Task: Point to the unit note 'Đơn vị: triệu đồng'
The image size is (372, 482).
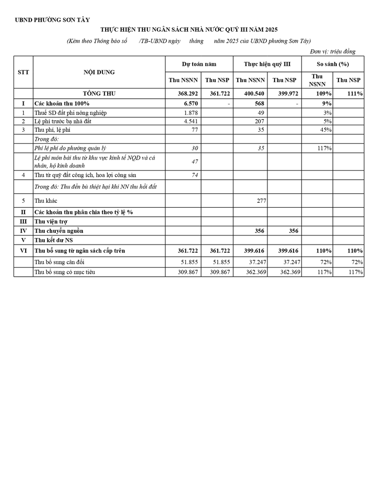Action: click(332, 51)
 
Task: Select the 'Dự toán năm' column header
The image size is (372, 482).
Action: click(199, 64)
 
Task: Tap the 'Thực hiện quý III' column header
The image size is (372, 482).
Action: click(267, 64)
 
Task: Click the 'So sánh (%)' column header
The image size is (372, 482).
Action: click(332, 64)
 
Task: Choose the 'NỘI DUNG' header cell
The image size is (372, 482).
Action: click(99, 72)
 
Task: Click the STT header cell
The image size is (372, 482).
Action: click(23, 72)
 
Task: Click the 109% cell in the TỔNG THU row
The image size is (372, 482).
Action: click(324, 94)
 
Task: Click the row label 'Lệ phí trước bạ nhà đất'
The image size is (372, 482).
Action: click(63, 121)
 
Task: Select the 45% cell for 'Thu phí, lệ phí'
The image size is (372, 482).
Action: click(325, 130)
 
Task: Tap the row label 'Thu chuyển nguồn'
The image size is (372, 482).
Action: click(58, 230)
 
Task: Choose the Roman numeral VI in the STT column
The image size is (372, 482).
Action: click(23, 251)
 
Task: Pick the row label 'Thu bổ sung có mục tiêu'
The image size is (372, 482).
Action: click(64, 272)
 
